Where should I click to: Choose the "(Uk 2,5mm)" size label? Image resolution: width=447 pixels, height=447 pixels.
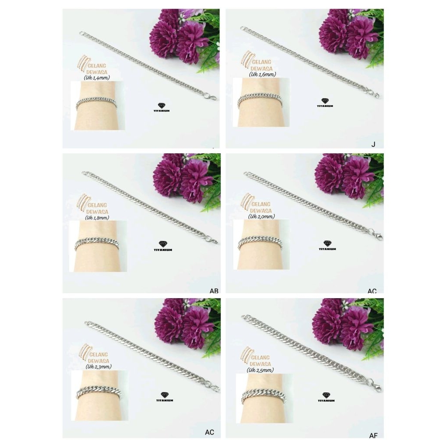pyautogui.click(x=261, y=370)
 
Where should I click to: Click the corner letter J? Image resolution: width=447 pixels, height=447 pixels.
pyautogui.click(x=373, y=144)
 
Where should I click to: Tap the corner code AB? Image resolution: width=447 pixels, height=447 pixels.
pyautogui.click(x=214, y=291)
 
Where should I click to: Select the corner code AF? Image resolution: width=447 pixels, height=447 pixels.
pyautogui.click(x=373, y=435)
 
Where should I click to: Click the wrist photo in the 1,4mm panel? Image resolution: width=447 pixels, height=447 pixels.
pyautogui.click(x=98, y=106)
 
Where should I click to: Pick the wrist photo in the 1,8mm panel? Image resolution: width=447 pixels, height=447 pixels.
pyautogui.click(x=98, y=246)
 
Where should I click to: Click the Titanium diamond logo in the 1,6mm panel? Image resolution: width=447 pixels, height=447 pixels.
pyautogui.click(x=325, y=103)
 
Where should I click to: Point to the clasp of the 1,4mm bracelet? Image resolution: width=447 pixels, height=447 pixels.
pyautogui.click(x=212, y=97)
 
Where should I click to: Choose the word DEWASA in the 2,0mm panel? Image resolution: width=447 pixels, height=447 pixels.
pyautogui.click(x=261, y=210)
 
